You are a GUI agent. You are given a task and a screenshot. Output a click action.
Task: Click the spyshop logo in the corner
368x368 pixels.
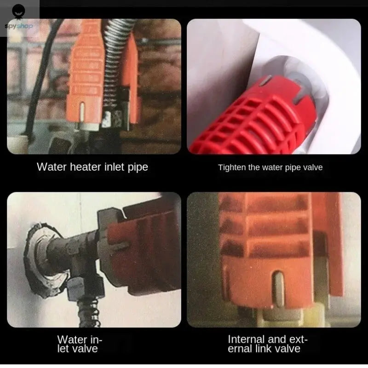[x=18, y=16]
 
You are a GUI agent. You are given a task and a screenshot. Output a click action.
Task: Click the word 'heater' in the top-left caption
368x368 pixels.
[x=84, y=167]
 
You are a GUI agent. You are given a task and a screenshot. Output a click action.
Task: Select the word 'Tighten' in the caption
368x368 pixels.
[x=231, y=167]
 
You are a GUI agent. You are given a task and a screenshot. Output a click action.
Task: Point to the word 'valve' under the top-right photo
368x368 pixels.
[x=313, y=167]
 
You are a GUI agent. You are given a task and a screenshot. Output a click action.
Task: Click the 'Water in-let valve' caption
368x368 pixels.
[x=79, y=344]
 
